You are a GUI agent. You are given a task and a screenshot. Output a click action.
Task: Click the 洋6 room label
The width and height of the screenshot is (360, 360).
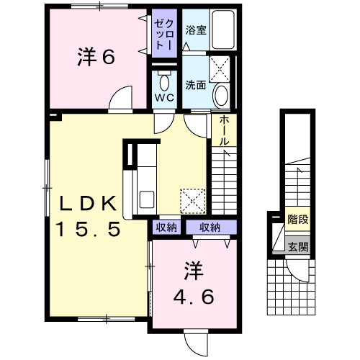[x=96, y=57]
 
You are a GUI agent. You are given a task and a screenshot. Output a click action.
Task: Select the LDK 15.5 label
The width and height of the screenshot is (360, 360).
[x=88, y=215]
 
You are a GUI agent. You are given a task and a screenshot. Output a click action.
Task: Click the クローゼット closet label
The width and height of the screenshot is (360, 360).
[x=164, y=35]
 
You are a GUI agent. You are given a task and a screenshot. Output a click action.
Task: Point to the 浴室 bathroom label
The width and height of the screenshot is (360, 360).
[x=196, y=30]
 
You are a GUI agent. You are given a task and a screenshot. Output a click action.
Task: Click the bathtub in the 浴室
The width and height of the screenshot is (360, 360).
[x=222, y=30]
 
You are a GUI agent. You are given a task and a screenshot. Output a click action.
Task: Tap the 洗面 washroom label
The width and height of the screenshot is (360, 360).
[x=196, y=85]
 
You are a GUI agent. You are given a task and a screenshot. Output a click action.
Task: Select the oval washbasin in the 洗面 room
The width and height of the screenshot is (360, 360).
[x=221, y=96]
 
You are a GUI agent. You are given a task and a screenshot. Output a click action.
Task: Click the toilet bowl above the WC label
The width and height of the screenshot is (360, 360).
[x=164, y=82]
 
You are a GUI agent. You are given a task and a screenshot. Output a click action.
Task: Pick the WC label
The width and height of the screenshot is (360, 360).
[x=164, y=97]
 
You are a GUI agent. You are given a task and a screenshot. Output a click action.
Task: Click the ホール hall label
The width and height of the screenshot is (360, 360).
[x=224, y=130]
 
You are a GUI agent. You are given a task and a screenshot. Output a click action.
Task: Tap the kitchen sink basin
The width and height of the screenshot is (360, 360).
[x=146, y=199]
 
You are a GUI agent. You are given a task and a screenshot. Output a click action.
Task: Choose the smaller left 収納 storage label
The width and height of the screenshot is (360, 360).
[x=166, y=227]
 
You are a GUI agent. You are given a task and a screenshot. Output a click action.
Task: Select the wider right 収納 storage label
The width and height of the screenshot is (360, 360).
[x=210, y=227]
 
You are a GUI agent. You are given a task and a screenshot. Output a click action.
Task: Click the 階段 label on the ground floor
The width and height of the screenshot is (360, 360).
[x=298, y=219]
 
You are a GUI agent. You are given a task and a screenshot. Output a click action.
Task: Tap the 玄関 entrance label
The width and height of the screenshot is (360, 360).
[x=298, y=247]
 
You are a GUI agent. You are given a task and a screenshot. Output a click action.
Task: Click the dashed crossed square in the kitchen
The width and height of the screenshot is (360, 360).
[x=193, y=202]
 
